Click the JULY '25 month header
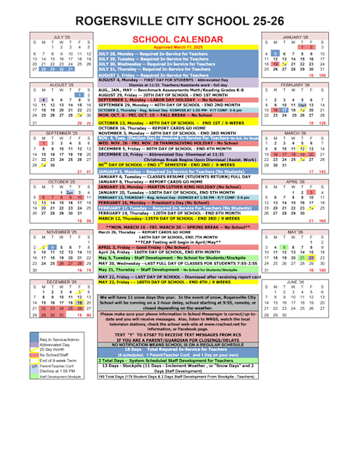coord(63,37)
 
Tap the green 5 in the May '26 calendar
coord(284,247)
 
